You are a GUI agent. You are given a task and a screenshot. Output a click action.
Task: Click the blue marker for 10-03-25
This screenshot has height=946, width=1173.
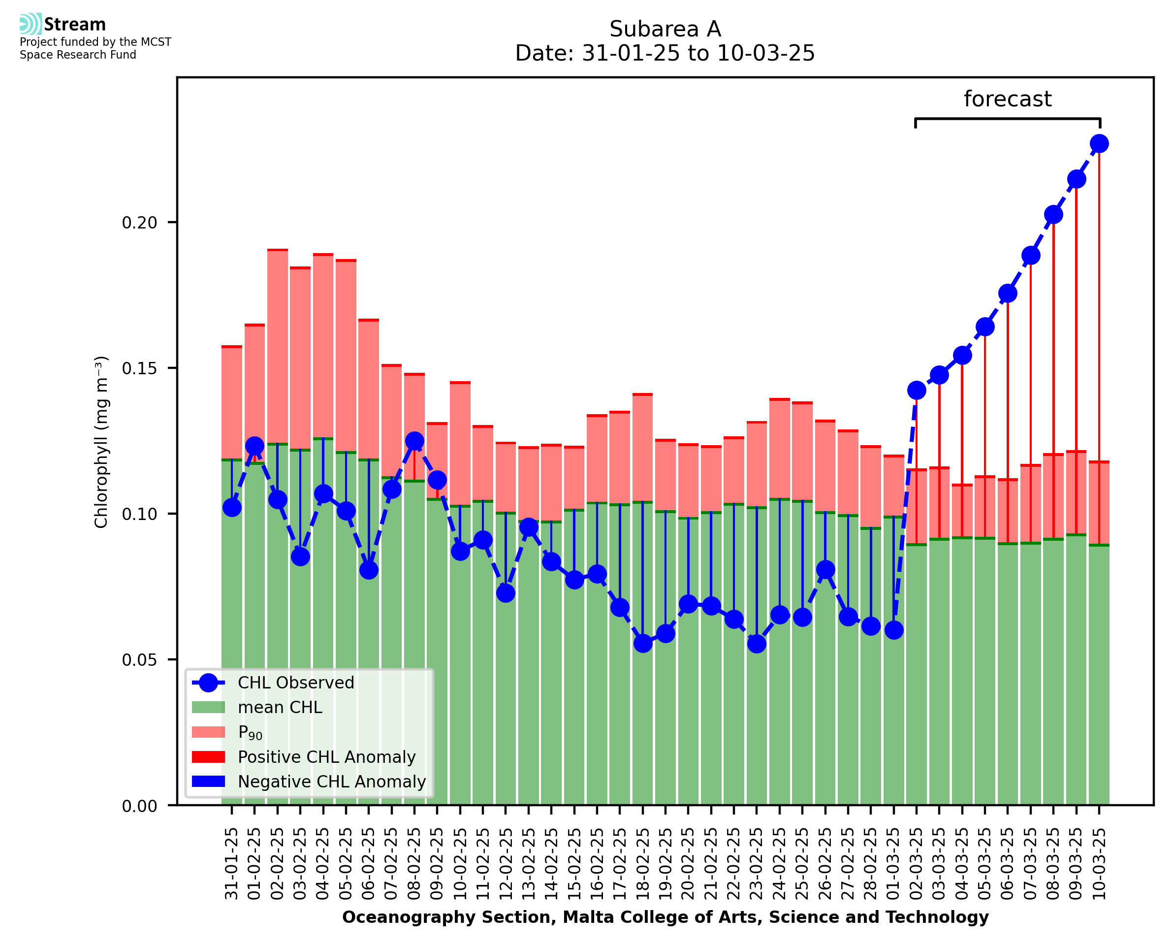point(1099,144)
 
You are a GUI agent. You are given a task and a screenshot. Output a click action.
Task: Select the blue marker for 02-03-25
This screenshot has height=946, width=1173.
point(917,390)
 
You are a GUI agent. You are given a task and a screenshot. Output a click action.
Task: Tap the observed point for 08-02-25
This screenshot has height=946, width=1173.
point(414,441)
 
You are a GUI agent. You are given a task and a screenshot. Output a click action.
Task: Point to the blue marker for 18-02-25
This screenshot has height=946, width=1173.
point(642,644)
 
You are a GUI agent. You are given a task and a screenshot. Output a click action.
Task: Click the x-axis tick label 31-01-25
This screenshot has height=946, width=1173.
point(232,864)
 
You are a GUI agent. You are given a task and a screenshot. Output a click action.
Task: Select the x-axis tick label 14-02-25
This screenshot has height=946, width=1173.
point(552,864)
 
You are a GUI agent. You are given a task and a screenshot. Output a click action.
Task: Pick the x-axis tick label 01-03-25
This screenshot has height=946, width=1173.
point(893,864)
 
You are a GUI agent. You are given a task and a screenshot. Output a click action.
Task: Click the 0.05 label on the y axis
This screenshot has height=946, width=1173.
point(139,660)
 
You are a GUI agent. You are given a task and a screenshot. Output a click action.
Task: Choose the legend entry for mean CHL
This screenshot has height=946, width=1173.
point(280,707)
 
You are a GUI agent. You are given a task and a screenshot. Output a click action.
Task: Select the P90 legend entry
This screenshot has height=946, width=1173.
point(250,732)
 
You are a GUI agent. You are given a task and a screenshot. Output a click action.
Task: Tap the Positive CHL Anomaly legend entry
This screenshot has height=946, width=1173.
point(326,757)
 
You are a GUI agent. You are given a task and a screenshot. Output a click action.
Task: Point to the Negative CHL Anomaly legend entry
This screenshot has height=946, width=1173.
point(332,782)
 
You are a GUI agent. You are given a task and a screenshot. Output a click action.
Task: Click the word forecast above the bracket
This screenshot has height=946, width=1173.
point(1008,99)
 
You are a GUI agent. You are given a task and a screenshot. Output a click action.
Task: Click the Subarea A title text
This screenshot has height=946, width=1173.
point(665,29)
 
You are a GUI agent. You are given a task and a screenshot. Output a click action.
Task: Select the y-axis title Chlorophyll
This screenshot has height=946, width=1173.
point(101,442)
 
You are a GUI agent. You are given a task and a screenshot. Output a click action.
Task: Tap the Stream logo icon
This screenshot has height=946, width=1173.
point(31,24)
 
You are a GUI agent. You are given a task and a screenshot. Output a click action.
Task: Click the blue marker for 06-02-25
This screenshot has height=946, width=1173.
point(369,570)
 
